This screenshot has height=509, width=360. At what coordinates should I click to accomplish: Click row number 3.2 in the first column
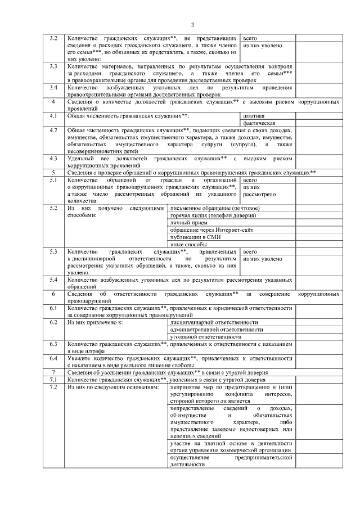(53, 38)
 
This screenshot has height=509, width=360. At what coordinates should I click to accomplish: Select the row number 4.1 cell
(53, 115)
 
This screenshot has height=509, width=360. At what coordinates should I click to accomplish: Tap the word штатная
(254, 115)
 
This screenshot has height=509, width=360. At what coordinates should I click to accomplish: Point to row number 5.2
(53, 208)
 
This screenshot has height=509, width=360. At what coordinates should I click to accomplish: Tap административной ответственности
(217, 330)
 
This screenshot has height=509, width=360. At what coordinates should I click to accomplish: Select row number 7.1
(53, 380)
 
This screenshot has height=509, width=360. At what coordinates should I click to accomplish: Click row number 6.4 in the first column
(53, 358)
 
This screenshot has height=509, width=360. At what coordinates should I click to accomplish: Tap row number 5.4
(53, 279)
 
